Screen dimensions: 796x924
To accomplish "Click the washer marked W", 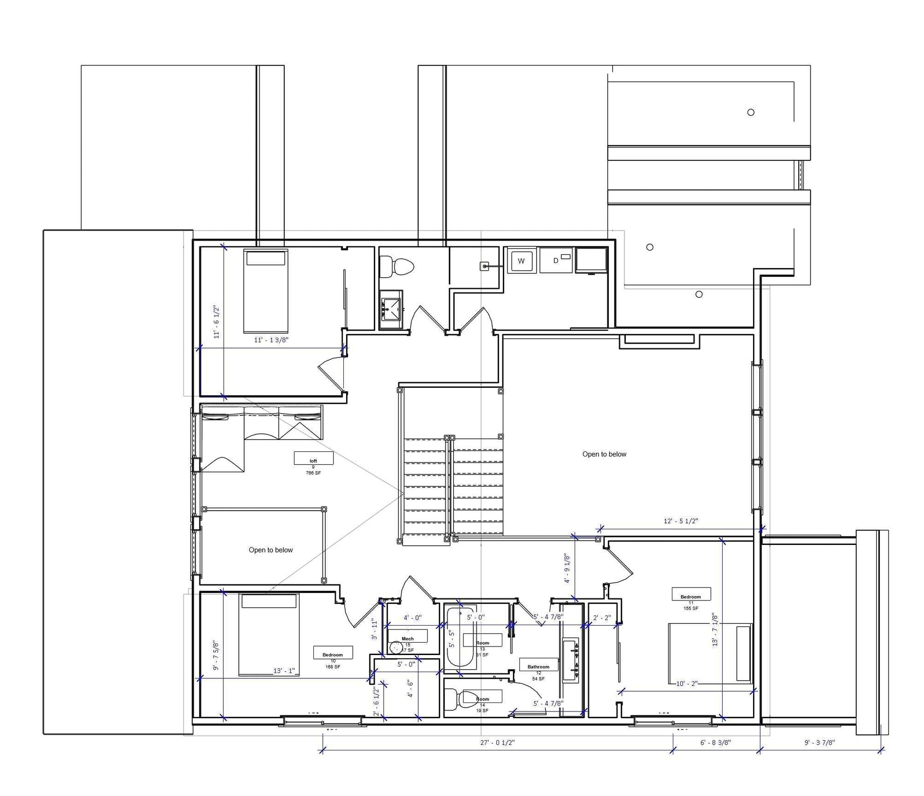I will pyautogui.click(x=521, y=261).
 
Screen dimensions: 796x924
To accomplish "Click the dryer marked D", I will pyautogui.click(x=556, y=261).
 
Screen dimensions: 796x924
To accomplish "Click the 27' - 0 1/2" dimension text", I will pyautogui.click(x=497, y=743).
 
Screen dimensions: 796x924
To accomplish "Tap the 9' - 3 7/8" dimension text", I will pyautogui.click(x=820, y=743).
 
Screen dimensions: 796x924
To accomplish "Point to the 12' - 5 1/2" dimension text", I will pyautogui.click(x=680, y=521).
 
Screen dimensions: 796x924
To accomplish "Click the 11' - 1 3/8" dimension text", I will pyautogui.click(x=271, y=340).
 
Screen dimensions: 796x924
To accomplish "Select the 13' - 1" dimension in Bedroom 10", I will pyautogui.click(x=284, y=671).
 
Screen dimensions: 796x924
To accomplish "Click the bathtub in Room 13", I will pyautogui.click(x=460, y=638).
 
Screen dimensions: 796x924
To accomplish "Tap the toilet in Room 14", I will pyautogui.click(x=461, y=699).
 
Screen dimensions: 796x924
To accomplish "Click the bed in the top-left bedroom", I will pyautogui.click(x=265, y=292).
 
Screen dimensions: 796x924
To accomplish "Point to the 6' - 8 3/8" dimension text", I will pyautogui.click(x=715, y=743).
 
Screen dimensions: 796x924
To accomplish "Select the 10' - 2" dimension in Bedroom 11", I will pyautogui.click(x=687, y=684).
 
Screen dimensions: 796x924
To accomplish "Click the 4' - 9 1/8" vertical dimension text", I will pyautogui.click(x=567, y=568).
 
